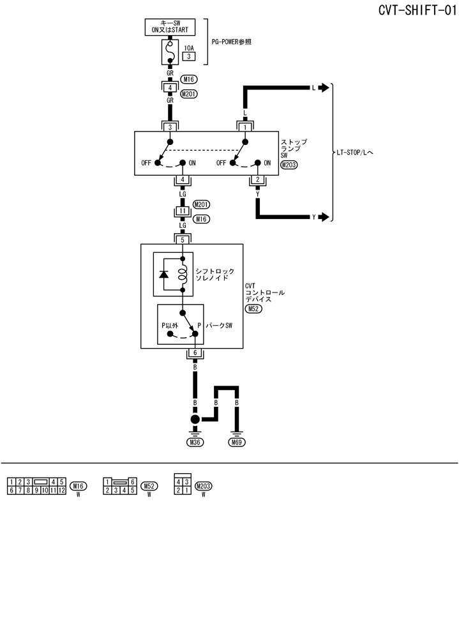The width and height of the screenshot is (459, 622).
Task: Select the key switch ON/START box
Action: pyautogui.click(x=170, y=28)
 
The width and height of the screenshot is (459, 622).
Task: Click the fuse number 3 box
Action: pyautogui.click(x=189, y=56)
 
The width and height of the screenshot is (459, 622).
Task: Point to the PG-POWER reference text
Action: pyautogui.click(x=231, y=42)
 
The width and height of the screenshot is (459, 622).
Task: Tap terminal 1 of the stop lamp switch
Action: pyautogui.click(x=246, y=127)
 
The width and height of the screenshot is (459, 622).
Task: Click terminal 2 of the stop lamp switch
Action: pyautogui.click(x=257, y=180)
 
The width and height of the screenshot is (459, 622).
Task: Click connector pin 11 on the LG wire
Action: pyautogui.click(x=183, y=211)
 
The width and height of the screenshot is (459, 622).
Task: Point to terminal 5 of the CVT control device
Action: pyautogui.click(x=183, y=239)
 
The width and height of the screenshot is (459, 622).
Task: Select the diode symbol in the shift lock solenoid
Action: pyautogui.click(x=164, y=274)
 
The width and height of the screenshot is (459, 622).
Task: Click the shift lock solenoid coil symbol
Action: pyautogui.click(x=183, y=274)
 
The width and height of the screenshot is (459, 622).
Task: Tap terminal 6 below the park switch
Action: pyautogui.click(x=195, y=353)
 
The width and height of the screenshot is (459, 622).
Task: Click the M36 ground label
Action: pyautogui.click(x=195, y=441)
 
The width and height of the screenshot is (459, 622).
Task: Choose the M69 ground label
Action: pyautogui.click(x=237, y=441)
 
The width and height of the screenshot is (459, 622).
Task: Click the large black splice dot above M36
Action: pyautogui.click(x=195, y=420)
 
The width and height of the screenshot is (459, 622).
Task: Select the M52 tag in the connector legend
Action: pyautogui.click(x=149, y=486)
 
